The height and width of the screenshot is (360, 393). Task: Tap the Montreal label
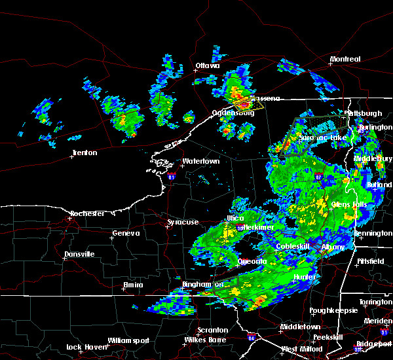click(345, 60)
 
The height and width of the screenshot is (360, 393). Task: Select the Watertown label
click(201, 161)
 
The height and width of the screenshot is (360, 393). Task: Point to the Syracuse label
click(183, 223)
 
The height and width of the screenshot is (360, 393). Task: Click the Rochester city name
click(88, 213)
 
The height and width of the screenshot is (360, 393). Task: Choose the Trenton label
click(84, 153)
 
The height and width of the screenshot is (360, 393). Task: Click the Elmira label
click(133, 285)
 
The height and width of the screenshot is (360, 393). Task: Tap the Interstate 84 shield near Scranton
click(252, 338)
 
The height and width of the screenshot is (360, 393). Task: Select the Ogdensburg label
click(233, 113)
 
